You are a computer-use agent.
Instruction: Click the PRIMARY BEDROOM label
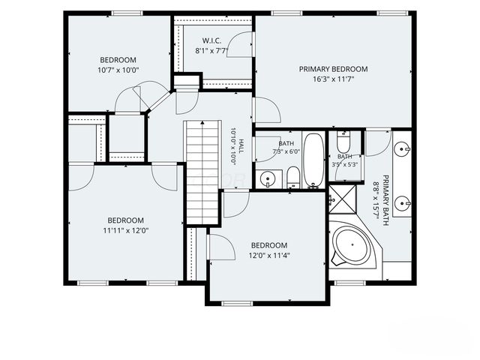coord(333,69)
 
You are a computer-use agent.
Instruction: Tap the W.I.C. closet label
coord(211,40)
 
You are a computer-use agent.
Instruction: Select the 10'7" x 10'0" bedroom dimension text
coord(118,70)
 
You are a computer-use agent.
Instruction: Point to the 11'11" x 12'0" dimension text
coord(126,230)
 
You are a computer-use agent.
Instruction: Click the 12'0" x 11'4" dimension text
coord(269,255)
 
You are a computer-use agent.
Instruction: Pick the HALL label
coord(241,146)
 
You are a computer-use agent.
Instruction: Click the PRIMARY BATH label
coord(385,200)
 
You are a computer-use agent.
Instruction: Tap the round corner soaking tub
coord(352,245)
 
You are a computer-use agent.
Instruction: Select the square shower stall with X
coord(343,199)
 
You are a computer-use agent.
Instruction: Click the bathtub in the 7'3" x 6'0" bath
coord(313,160)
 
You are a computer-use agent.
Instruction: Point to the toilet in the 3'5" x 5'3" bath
coord(343,142)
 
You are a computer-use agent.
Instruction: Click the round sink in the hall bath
coord(268,178)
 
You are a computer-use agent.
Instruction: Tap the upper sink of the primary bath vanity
coord(401,149)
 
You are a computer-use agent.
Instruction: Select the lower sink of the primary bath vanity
coord(401,203)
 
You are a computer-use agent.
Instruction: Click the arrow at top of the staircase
coord(202,122)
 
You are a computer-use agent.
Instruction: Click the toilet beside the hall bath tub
coord(293,177)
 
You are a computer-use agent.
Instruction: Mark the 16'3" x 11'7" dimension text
coord(333,79)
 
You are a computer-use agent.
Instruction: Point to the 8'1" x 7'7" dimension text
coord(211,51)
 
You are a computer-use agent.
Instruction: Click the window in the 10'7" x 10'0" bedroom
coord(127,13)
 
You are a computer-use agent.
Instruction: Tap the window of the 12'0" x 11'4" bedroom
coord(237,304)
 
